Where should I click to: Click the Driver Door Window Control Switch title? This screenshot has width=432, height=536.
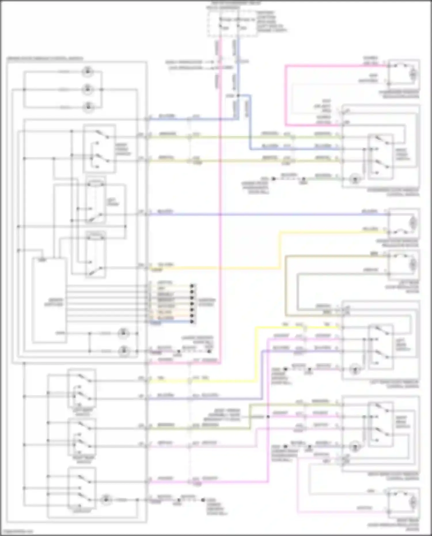pos(45,58)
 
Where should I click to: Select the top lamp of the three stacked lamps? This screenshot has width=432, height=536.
pos(88,71)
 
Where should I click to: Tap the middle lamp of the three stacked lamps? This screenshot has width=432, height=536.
pos(88,90)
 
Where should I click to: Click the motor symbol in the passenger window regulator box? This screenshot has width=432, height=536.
pos(413,74)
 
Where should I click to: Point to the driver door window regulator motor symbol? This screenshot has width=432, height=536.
pos(413,223)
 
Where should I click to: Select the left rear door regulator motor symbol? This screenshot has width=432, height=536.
pos(413,264)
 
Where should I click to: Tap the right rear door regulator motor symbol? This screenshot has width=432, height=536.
pos(413,503)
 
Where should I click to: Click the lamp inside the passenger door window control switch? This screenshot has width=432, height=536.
pos(355,179)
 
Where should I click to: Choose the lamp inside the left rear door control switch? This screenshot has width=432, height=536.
pos(355,369)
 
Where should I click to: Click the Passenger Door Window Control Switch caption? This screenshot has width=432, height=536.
pos(393,192)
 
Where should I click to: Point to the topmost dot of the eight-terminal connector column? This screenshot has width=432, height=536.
pos(192,286)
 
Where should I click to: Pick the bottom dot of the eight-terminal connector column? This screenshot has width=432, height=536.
pos(192,322)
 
